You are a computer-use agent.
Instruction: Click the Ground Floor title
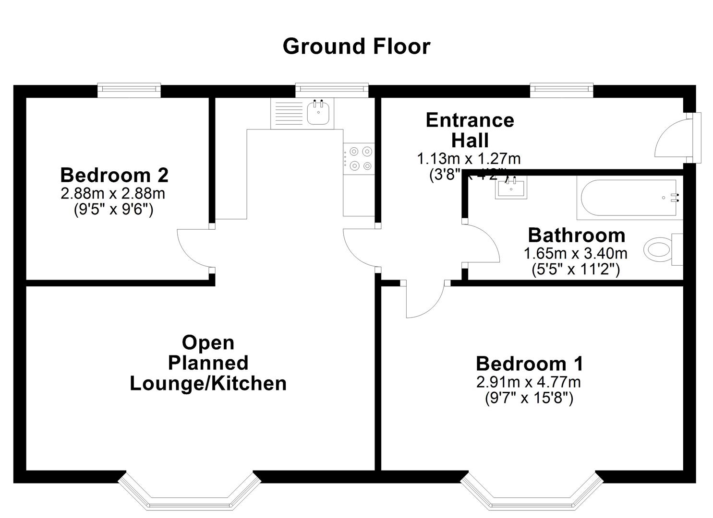click(356, 47)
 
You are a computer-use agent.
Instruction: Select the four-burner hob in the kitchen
click(360, 158)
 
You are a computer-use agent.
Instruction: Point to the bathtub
click(629, 198)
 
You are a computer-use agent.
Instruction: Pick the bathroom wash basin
click(510, 187)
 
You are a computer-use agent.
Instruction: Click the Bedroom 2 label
click(114, 175)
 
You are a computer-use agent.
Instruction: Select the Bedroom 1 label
click(529, 364)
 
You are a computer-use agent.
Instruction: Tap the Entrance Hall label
click(470, 130)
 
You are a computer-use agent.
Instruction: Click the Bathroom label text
click(576, 235)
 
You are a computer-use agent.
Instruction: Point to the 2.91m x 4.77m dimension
click(529, 382)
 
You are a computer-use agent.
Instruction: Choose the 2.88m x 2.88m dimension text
click(113, 193)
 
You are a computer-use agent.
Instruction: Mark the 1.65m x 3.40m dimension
click(575, 253)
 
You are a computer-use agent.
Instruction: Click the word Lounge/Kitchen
click(208, 384)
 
